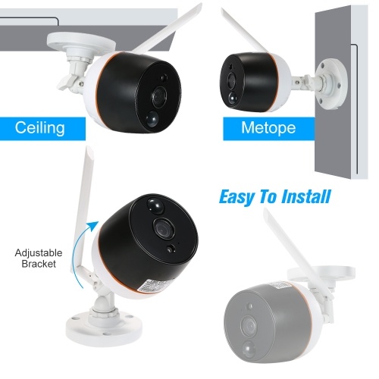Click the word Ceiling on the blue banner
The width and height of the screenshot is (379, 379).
tap(39, 127)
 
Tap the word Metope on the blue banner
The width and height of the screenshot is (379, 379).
tap(268, 127)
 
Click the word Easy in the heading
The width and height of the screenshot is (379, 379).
tap(236, 197)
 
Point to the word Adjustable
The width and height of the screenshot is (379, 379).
tap(39, 252)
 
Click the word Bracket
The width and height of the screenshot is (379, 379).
tap(39, 264)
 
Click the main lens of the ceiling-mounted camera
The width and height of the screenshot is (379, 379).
tap(158, 96)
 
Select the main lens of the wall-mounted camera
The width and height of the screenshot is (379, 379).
tap(230, 80)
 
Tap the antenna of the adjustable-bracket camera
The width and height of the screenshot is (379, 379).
tap(83, 210)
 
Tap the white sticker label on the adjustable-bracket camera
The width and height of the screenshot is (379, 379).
tap(155, 287)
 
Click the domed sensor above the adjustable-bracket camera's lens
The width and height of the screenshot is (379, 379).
tap(155, 205)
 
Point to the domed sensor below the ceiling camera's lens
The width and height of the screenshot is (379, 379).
tap(152, 119)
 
